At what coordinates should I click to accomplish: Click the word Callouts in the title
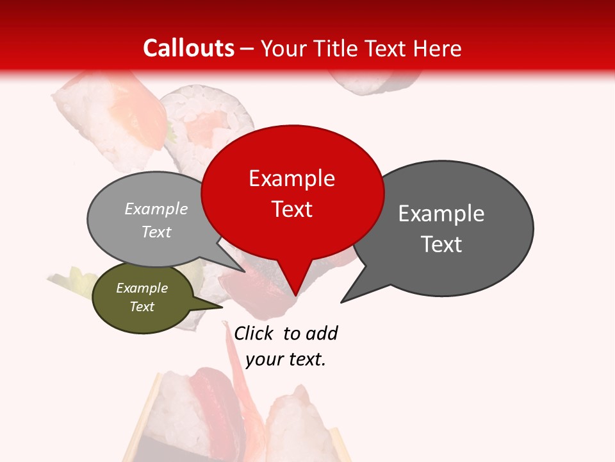(x=188, y=49)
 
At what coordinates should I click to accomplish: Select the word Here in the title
(x=438, y=49)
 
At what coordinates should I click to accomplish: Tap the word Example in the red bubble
(x=291, y=178)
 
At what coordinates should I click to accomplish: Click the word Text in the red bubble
(x=292, y=209)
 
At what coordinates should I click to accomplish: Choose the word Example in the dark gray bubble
(x=441, y=214)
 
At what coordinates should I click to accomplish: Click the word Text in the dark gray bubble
(x=441, y=244)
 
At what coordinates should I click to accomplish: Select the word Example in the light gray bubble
(x=156, y=209)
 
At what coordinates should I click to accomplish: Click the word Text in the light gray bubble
(x=156, y=232)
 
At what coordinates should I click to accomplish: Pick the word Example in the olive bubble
(x=142, y=288)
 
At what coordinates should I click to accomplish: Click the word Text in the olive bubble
(x=142, y=307)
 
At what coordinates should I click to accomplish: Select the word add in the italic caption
(x=322, y=333)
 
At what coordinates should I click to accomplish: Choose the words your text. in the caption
(x=286, y=359)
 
